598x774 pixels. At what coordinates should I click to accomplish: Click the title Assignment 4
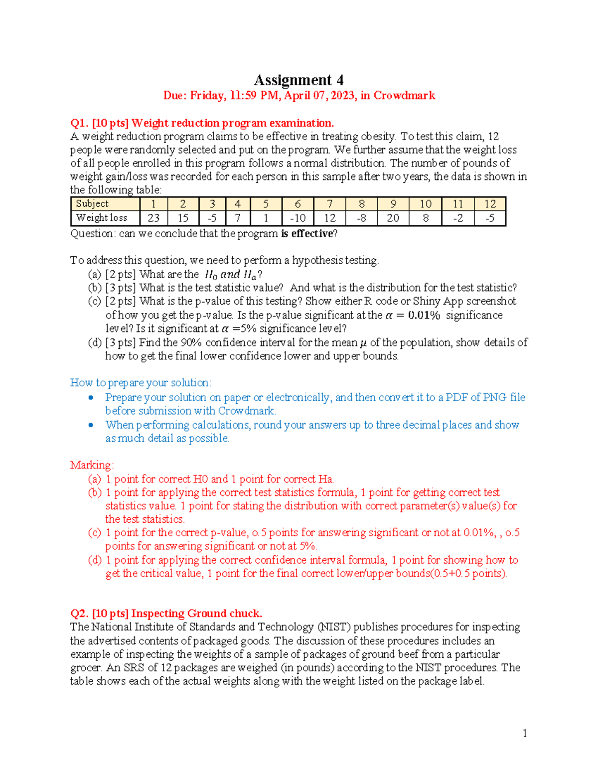tap(299, 80)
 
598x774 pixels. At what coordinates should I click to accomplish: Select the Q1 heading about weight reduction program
tap(202, 123)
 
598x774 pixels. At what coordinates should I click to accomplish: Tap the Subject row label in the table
tap(92, 204)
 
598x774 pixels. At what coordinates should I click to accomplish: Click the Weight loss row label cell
tap(102, 218)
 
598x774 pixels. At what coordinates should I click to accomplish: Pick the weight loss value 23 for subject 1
tap(153, 218)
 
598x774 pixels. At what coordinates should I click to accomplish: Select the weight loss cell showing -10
tap(298, 218)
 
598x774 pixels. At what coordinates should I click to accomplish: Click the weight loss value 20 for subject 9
tap(393, 218)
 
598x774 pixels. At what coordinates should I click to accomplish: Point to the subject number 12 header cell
tap(490, 204)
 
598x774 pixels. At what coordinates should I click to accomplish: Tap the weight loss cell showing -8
tap(361, 218)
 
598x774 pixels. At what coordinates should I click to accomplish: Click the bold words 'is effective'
tap(306, 234)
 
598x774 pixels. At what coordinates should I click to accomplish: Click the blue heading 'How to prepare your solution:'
tap(141, 383)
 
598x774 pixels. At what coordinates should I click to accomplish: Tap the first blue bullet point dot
tap(91, 398)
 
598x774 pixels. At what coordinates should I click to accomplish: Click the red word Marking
tap(91, 465)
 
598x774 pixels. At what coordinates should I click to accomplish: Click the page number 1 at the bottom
tap(525, 733)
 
